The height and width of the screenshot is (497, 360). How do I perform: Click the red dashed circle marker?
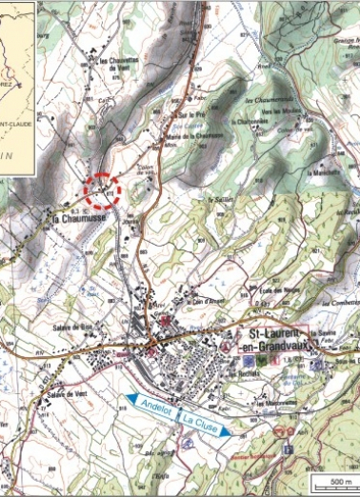(x=103, y=189)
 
